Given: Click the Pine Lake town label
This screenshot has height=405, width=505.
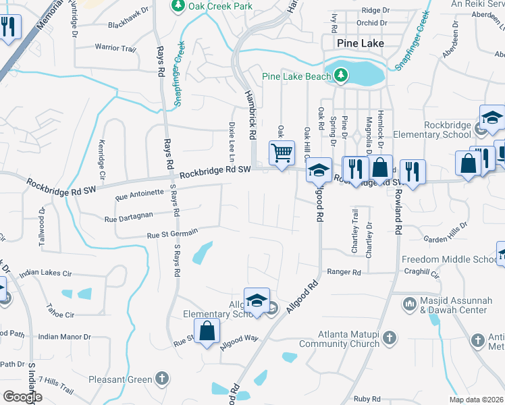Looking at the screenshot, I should pyautogui.click(x=361, y=43).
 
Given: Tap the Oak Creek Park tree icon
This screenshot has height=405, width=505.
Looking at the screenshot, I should pyautogui.click(x=178, y=6).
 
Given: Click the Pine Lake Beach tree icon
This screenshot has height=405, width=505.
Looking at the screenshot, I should pyautogui.click(x=342, y=76).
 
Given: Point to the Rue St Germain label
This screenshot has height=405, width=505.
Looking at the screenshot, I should pyautogui.click(x=173, y=234).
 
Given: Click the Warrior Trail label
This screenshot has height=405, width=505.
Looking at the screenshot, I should pyautogui.click(x=115, y=48).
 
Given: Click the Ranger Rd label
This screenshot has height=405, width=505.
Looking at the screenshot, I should pyautogui.click(x=344, y=272).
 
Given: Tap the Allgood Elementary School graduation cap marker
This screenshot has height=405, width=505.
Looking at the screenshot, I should pyautogui.click(x=257, y=300).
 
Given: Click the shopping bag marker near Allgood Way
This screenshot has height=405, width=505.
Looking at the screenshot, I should pyautogui.click(x=208, y=331).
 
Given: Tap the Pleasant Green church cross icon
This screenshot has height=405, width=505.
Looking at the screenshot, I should pyautogui.click(x=161, y=379).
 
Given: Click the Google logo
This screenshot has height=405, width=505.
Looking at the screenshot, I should pyautogui.click(x=22, y=396).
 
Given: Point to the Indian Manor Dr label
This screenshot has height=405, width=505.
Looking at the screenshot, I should pyautogui.click(x=64, y=336).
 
